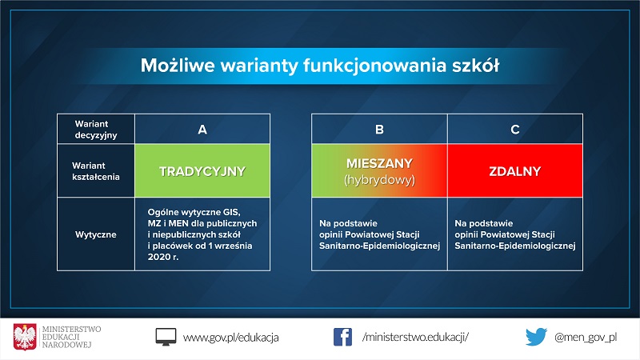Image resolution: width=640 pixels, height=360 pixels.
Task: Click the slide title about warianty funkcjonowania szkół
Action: pos(320,64)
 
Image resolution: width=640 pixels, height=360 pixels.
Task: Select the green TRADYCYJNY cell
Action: pos(202,171)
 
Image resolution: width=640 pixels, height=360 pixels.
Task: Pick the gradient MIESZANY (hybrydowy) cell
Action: pos(379,171)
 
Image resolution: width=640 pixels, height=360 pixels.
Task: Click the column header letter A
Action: pos(202,129)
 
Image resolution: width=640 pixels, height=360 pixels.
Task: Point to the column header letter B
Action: pos(379,129)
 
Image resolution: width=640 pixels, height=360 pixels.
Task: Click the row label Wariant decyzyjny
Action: pos(96,129)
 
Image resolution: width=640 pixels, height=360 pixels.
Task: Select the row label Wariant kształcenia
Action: pos(96,171)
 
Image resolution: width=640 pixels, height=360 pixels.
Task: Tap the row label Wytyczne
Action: pos(96,235)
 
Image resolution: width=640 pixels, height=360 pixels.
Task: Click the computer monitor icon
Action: pos(166,337)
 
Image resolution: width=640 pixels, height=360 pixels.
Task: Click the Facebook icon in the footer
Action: pos(342,337)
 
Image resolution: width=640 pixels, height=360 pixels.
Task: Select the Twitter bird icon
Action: pos(536,337)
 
